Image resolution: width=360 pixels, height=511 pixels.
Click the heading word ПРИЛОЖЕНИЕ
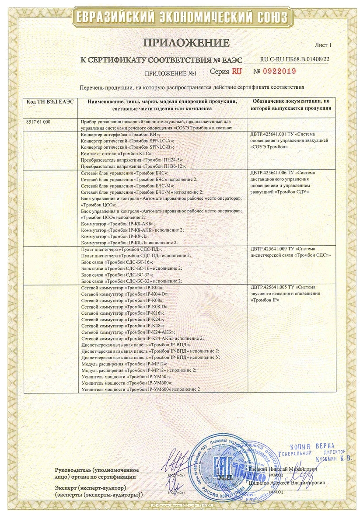coord(186,43)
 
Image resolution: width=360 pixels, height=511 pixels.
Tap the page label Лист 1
coord(323,45)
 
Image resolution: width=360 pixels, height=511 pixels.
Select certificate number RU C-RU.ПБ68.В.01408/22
coord(294,59)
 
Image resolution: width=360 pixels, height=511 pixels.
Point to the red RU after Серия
coord(237,71)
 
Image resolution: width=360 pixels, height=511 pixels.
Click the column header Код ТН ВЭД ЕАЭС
coord(50,101)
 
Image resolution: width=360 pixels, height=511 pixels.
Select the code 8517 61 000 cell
coord(38,122)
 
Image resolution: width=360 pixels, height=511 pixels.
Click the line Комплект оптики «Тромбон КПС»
coord(117,153)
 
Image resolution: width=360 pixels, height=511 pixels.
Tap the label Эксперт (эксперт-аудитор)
coord(91,487)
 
